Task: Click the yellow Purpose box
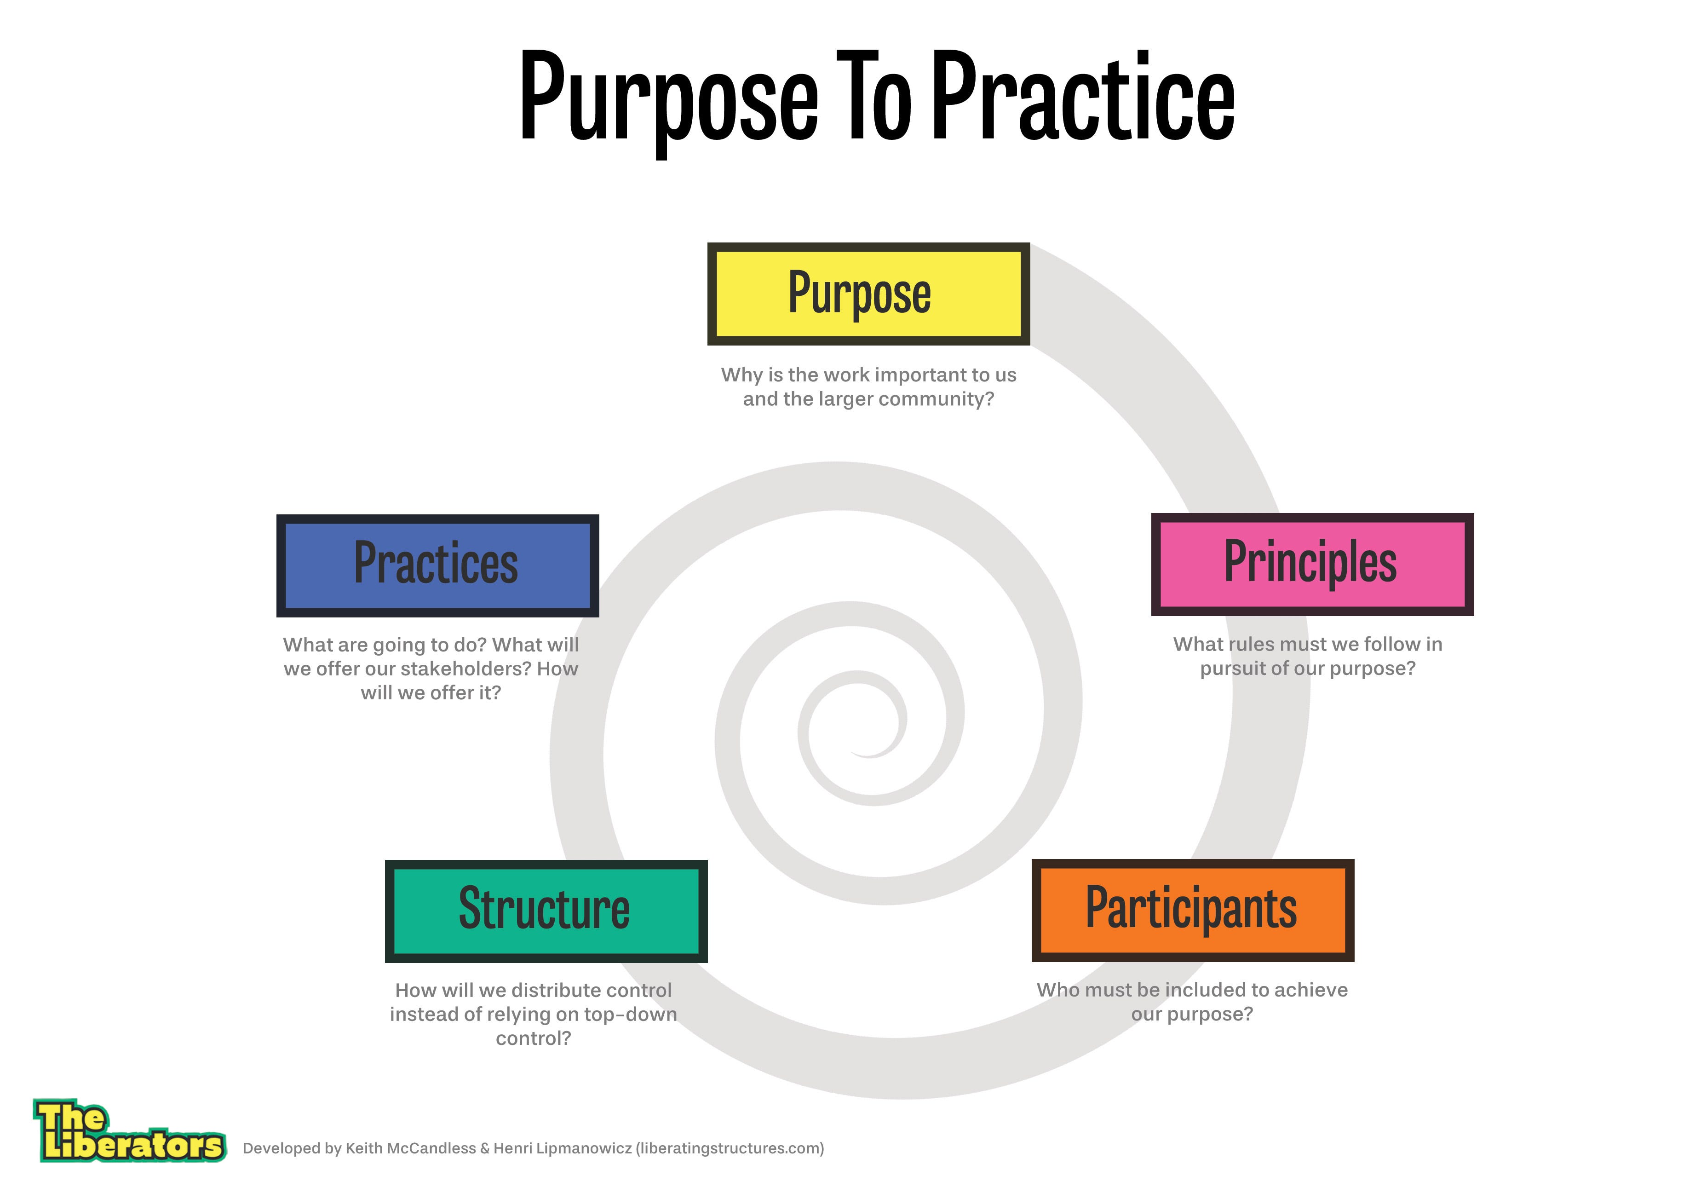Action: point(868,294)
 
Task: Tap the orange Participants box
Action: point(1192,911)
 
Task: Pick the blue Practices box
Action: point(437,565)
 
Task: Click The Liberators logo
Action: point(129,1131)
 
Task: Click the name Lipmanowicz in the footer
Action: point(562,1148)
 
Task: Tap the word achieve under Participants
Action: point(1310,990)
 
